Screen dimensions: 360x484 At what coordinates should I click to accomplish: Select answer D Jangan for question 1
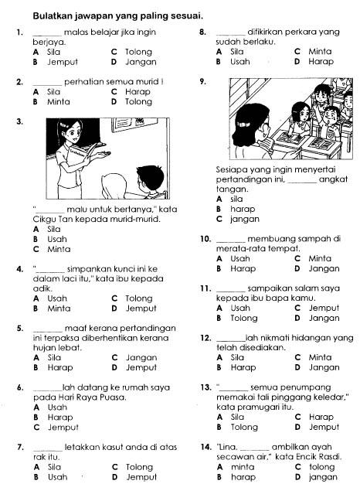pyautogui.click(x=134, y=62)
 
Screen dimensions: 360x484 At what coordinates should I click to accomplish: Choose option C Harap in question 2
pyautogui.click(x=131, y=92)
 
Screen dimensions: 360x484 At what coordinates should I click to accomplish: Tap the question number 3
pyautogui.click(x=20, y=121)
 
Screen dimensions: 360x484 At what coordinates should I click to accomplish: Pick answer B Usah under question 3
pyautogui.click(x=49, y=239)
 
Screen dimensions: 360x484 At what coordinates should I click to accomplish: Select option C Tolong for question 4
pyautogui.click(x=132, y=298)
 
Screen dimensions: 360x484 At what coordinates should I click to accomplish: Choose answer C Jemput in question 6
pyautogui.click(x=56, y=428)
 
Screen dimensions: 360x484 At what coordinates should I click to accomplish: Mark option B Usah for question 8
pyautogui.click(x=233, y=62)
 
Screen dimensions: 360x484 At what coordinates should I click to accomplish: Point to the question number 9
pyautogui.click(x=202, y=82)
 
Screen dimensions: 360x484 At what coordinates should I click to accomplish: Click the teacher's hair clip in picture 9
pyautogui.click(x=243, y=124)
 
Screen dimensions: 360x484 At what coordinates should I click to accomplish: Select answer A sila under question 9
pyautogui.click(x=229, y=199)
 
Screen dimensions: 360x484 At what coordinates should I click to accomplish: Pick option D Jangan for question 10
pyautogui.click(x=317, y=268)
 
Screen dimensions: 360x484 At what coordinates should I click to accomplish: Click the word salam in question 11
pyautogui.click(x=304, y=288)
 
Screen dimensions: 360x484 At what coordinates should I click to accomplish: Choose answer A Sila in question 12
pyautogui.click(x=230, y=357)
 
